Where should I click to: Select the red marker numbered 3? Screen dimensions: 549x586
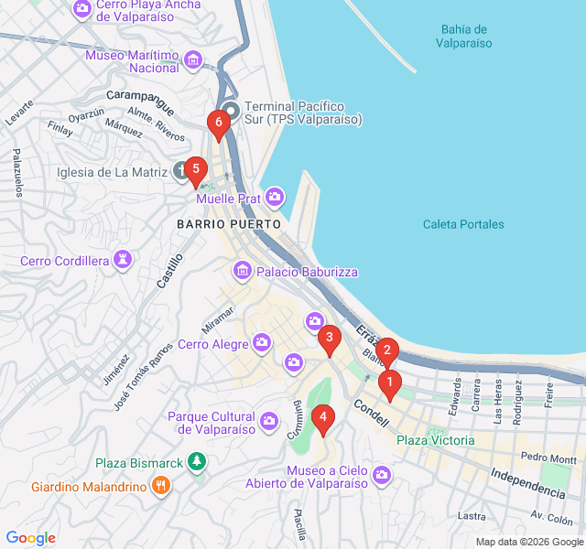pyautogui.click(x=329, y=339)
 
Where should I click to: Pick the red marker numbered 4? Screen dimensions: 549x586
pyautogui.click(x=321, y=417)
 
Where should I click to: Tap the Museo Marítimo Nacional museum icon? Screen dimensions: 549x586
pyautogui.click(x=192, y=61)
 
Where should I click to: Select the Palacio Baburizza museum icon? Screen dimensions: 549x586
pyautogui.click(x=243, y=271)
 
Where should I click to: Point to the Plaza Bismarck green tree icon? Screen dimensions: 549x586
pyautogui.click(x=195, y=460)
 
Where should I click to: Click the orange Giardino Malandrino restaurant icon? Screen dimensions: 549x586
pyautogui.click(x=161, y=486)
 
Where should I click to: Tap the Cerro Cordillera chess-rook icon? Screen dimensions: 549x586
pyautogui.click(x=122, y=261)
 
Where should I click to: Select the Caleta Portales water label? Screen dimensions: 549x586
pyautogui.click(x=463, y=224)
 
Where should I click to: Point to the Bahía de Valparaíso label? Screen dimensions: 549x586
pyautogui.click(x=463, y=36)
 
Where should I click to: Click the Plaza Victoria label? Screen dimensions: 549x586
pyautogui.click(x=435, y=440)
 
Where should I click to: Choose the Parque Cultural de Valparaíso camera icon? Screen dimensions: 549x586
pyautogui.click(x=269, y=421)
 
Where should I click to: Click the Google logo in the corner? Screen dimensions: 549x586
pyautogui.click(x=30, y=538)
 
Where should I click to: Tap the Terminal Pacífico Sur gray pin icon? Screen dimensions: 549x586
pyautogui.click(x=231, y=111)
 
